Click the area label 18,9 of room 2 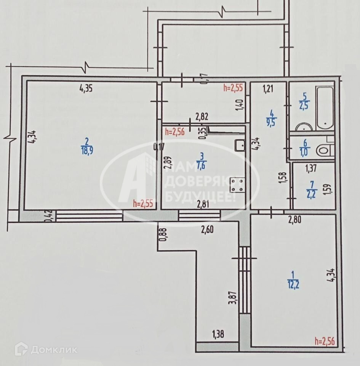coord(87,150)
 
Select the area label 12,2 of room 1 coord(293,281)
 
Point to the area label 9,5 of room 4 coord(271,122)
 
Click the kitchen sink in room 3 coord(240,144)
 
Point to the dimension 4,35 coord(86,89)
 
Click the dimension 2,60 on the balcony coord(207,229)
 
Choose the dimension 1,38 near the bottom coord(218,335)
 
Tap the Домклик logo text coord(53,350)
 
